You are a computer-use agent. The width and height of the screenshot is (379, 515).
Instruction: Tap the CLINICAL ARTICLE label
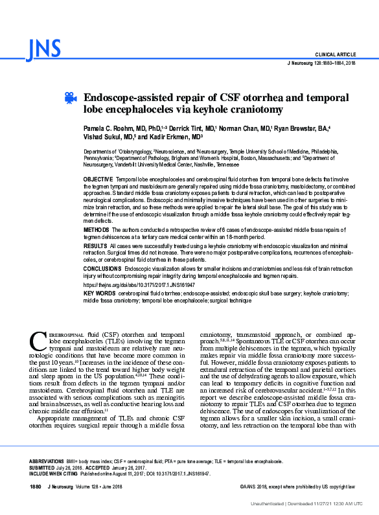(335, 54)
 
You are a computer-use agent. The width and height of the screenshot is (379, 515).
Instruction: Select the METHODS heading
(97, 230)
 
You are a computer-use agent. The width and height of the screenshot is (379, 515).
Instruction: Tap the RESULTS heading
(96, 247)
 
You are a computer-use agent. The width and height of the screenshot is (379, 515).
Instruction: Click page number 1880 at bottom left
(36, 486)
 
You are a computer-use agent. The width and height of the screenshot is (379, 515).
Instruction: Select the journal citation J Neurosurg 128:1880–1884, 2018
(320, 63)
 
